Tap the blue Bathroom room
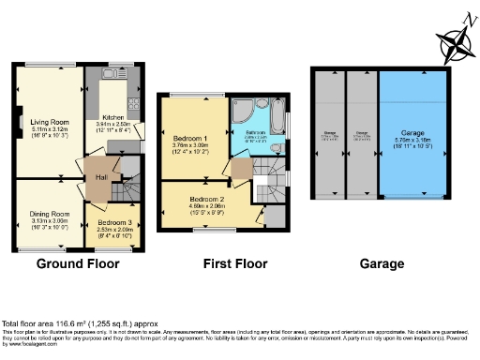[259, 139]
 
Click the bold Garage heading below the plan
[382, 264]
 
